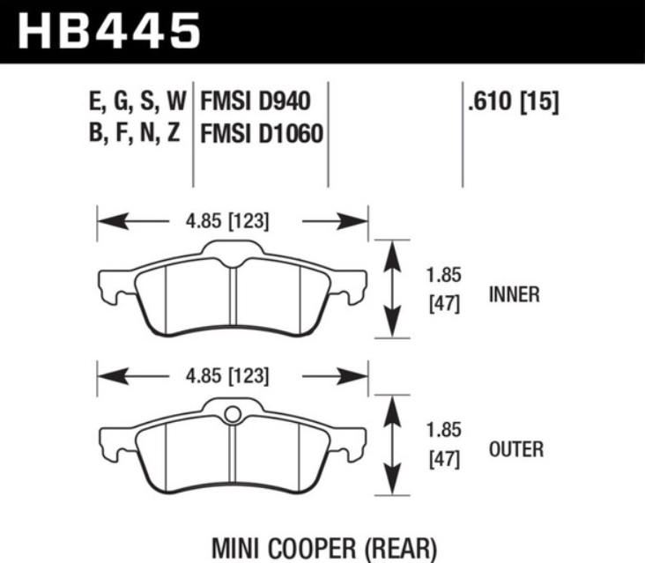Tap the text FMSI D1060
[x=261, y=135]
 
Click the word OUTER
[x=515, y=449]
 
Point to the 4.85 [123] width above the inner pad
[x=230, y=220]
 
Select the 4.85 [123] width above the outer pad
[x=230, y=376]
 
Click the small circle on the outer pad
[x=234, y=414]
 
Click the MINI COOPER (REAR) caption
[x=323, y=548]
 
